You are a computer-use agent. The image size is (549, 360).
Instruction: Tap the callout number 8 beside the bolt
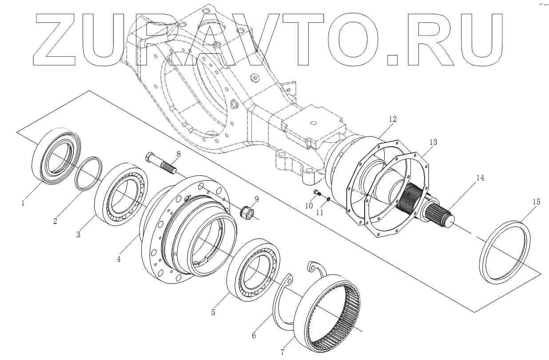178,154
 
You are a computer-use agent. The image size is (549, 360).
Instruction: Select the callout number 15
536,202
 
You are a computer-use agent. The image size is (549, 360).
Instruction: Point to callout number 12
392,119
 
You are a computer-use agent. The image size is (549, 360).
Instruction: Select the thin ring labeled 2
88,173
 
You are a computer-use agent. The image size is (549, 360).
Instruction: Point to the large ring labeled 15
506,252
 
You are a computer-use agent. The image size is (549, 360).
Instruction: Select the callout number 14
480,178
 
